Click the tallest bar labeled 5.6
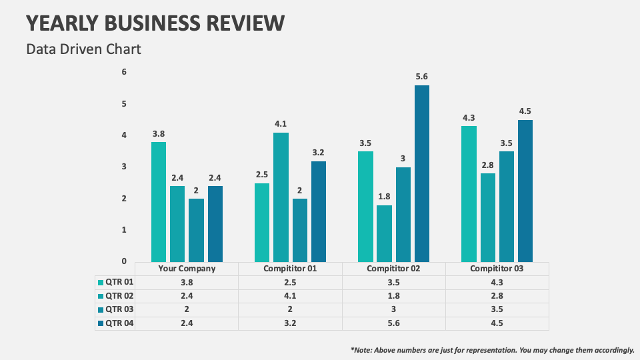[421, 173]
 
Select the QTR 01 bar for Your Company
[158, 201]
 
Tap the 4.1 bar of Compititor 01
[281, 197]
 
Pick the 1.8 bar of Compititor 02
[384, 233]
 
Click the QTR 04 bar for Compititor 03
[525, 191]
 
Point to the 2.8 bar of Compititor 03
[488, 217]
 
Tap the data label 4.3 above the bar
[469, 117]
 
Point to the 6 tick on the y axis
[123, 72]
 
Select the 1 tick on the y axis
[123, 230]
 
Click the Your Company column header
[187, 269]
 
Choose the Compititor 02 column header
[393, 269]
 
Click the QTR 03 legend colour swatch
[101, 309]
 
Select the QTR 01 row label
[121, 282]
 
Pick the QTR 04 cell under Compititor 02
[393, 323]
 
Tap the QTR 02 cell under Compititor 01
[290, 296]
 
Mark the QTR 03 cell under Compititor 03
[497, 309]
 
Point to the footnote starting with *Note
[492, 349]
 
